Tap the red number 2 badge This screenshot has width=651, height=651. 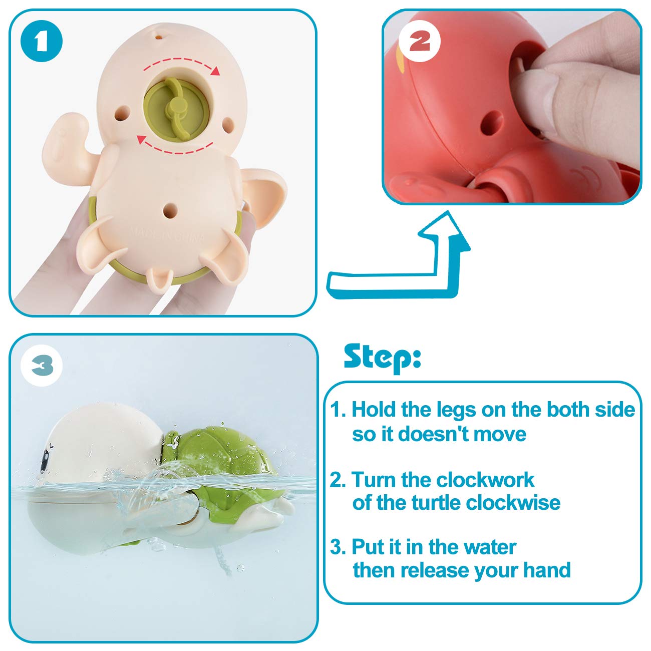click(420, 41)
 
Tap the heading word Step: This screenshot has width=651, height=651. click(382, 357)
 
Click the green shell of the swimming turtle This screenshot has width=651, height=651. click(225, 451)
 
